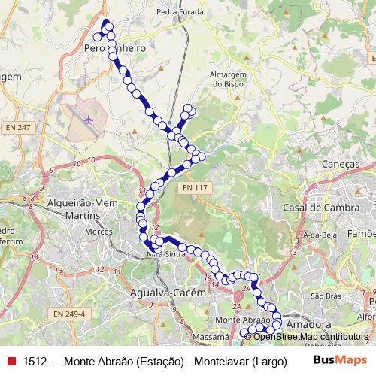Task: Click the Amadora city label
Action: pyautogui.click(x=309, y=324)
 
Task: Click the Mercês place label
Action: pyautogui.click(x=98, y=234)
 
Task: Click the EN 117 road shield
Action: pyautogui.click(x=195, y=187)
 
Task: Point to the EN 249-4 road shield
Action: pyautogui.click(x=71, y=314)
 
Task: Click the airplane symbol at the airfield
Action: pyautogui.click(x=89, y=120)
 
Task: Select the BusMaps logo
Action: pyautogui.click(x=335, y=360)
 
